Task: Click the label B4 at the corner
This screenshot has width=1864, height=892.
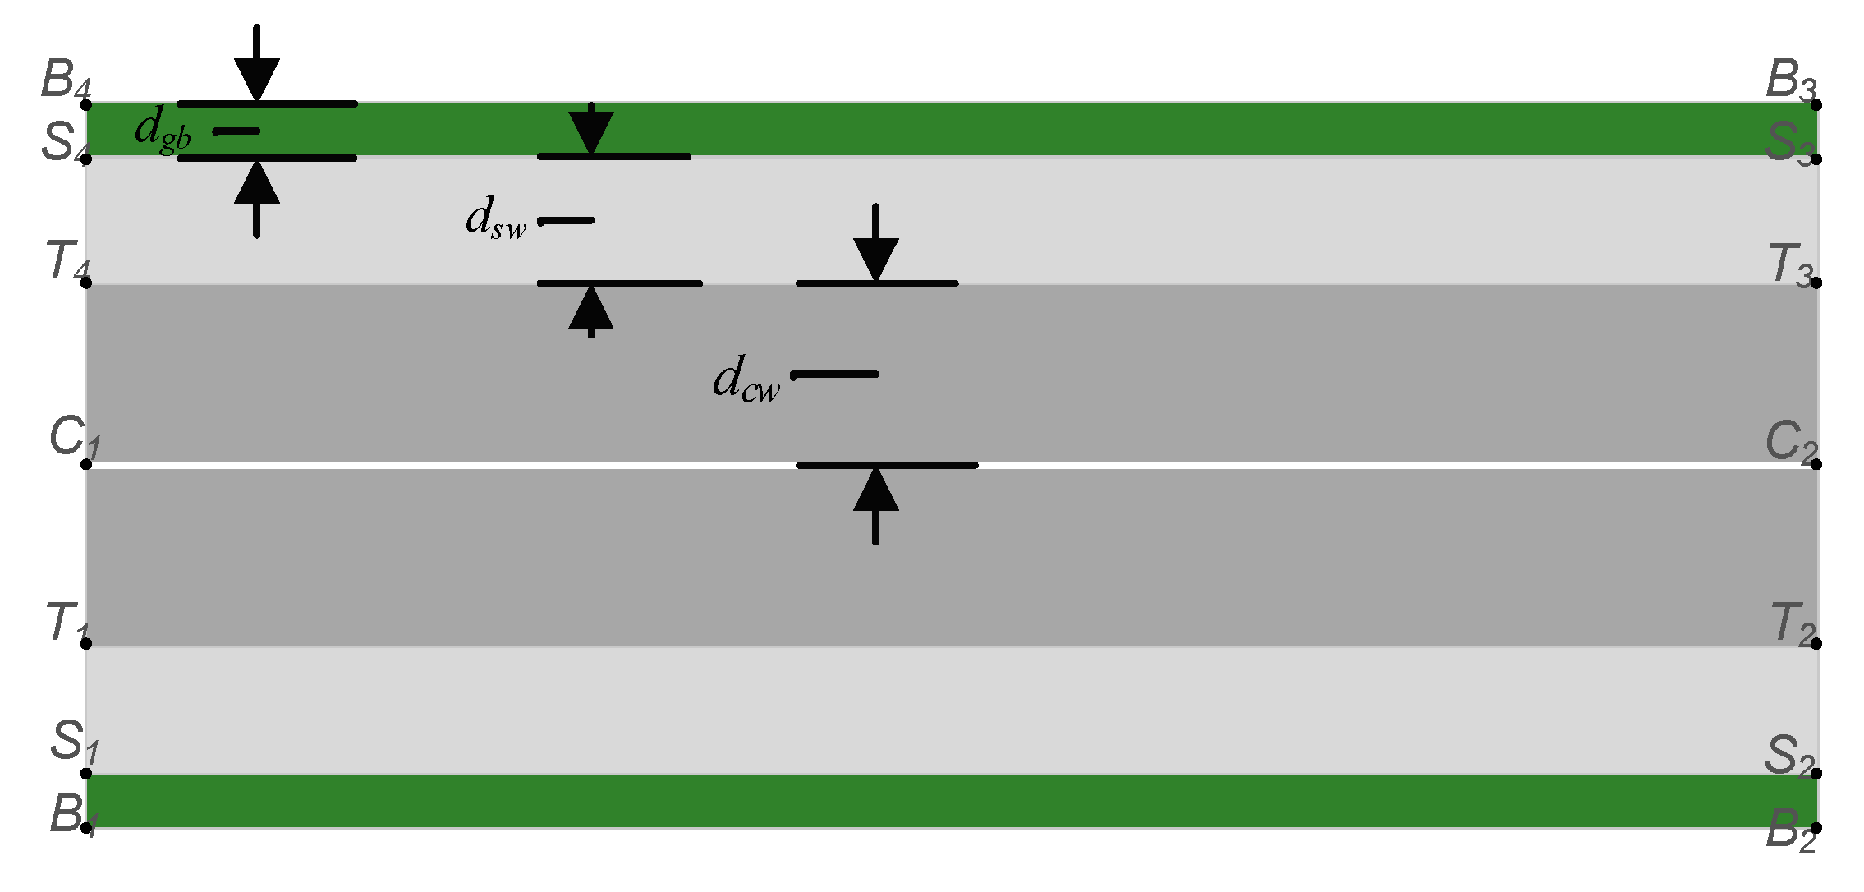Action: [66, 80]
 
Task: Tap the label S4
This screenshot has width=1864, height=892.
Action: [64, 142]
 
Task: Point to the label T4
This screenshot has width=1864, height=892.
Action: [67, 261]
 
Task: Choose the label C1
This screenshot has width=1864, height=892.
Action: [73, 437]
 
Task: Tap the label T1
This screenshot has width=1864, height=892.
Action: [66, 622]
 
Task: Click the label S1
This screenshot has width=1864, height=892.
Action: [73, 741]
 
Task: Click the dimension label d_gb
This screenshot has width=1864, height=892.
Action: [162, 131]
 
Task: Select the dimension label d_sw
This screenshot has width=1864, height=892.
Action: [494, 219]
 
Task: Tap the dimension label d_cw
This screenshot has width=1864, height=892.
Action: [745, 380]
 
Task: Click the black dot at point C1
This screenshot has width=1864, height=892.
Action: [86, 465]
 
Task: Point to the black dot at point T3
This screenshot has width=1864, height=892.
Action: [1816, 283]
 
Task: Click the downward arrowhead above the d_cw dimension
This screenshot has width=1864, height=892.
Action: [876, 259]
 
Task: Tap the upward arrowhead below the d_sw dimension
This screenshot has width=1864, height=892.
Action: [591, 310]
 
